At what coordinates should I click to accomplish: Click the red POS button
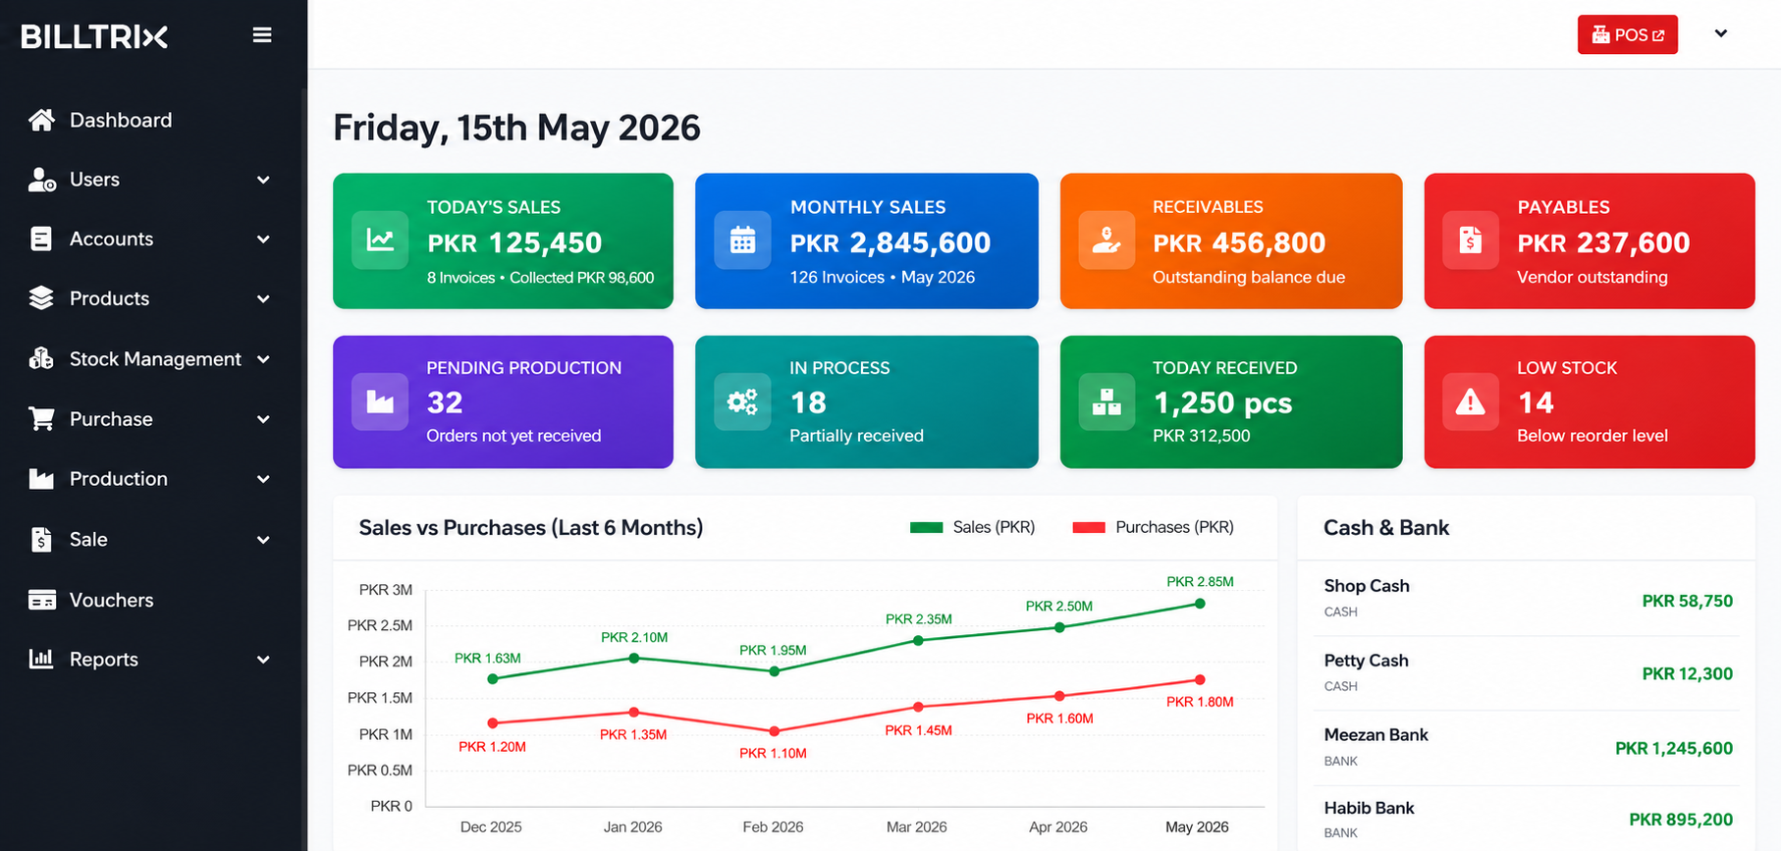coord(1627,35)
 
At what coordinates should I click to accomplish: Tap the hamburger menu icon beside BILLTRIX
coord(262,35)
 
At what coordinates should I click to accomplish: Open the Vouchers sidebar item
coord(111,600)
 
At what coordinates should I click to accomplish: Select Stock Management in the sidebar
coord(155,359)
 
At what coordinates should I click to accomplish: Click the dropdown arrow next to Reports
coord(263,660)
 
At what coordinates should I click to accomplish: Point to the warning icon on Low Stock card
coord(1470,401)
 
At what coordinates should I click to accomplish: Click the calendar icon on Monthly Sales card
coord(742,240)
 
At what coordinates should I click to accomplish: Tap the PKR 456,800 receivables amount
coord(1239,242)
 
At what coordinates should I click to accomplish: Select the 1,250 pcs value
coord(1222,402)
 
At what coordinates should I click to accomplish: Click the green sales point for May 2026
coord(1200,604)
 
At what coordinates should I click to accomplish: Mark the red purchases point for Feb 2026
coord(775,731)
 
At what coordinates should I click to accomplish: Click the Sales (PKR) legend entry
coord(972,527)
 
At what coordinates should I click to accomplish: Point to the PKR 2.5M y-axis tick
coord(380,625)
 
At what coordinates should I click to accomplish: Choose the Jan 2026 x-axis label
coord(632,826)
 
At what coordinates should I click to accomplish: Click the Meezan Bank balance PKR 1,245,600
coord(1674,748)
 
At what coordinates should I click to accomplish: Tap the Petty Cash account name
coord(1366,661)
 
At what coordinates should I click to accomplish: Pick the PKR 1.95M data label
coord(773,650)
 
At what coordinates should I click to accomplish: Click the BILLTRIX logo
coord(94,37)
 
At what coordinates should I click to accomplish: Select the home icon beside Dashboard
coord(41,120)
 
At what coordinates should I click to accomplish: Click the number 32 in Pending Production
coord(445,402)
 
